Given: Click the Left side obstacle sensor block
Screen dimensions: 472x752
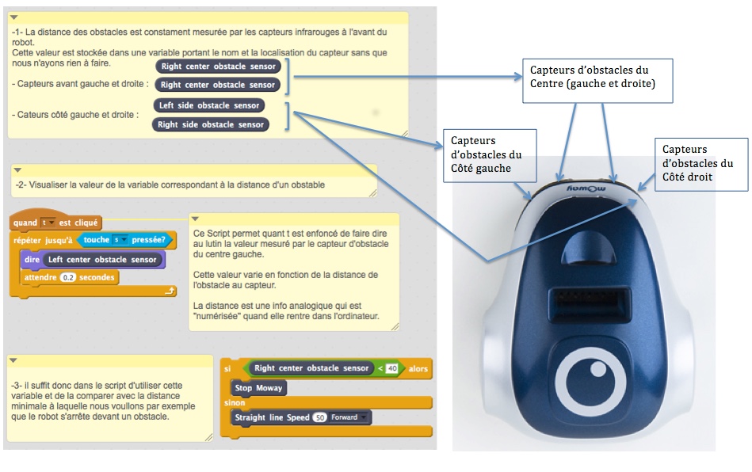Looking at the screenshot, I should pos(209,105).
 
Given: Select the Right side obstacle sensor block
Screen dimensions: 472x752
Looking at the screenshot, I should pos(210,124).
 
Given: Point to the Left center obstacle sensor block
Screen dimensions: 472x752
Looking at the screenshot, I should pos(101,259).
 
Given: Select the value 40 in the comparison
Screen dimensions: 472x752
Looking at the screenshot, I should pos(391,368).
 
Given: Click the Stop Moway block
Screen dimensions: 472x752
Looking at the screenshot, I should pos(258,388).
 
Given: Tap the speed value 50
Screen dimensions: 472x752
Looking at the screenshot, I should pos(319,417).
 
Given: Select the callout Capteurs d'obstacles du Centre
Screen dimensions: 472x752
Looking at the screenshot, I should pos(597,79).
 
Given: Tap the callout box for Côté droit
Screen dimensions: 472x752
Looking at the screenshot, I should pos(701,164).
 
